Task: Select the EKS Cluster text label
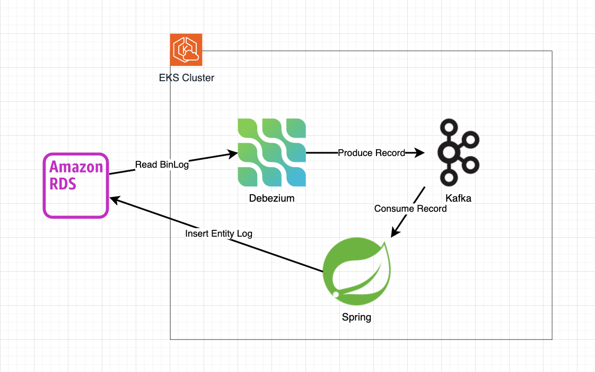pos(187,78)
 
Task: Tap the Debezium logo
pos(272,152)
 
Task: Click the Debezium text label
pos(272,198)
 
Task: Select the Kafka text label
pos(459,198)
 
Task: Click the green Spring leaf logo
pos(356,272)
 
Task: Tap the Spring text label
pos(356,318)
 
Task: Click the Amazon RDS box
pos(76,186)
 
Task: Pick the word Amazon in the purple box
pos(76,167)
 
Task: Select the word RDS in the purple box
pos(63,184)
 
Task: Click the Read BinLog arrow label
pos(162,165)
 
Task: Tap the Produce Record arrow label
pos(371,153)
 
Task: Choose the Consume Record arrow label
pos(410,209)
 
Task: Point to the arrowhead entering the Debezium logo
pos(233,154)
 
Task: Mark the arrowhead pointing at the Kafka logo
pos(421,153)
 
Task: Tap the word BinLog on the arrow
pos(174,165)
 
